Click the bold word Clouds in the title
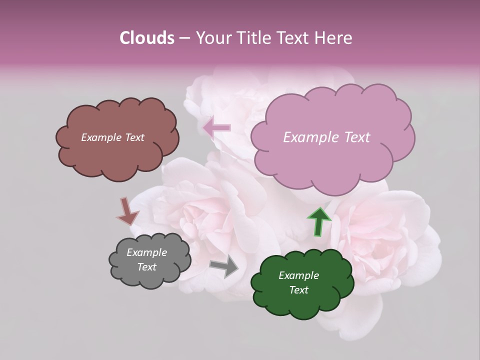(146, 38)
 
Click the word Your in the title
(213, 38)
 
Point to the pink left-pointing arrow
(217, 128)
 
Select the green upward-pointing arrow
(318, 221)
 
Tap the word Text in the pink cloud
(354, 137)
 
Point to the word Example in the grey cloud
(146, 252)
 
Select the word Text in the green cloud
(298, 290)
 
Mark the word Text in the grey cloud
(146, 267)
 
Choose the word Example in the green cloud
(298, 275)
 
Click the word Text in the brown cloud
(134, 137)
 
